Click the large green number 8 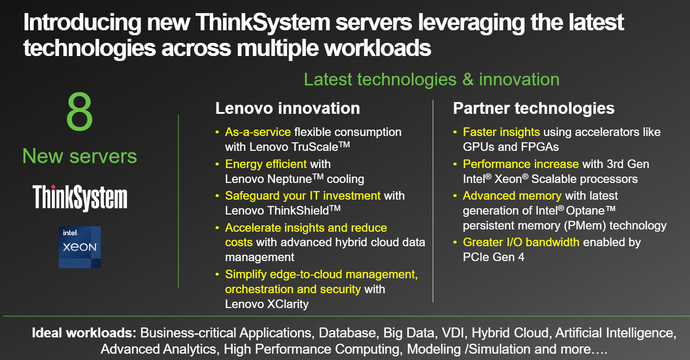tap(80, 112)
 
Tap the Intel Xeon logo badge tap(80, 247)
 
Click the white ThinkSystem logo tap(80, 198)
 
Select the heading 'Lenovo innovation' tap(287, 108)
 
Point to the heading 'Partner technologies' tap(534, 108)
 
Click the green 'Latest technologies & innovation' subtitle tap(432, 79)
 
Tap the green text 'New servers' tap(80, 156)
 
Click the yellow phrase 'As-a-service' tap(258, 132)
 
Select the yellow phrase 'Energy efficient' tap(266, 164)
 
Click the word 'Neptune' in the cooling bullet tap(290, 179)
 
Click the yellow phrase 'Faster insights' tap(501, 132)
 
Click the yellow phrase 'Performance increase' tap(521, 164)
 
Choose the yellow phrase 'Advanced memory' tap(512, 196)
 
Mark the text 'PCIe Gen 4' tap(493, 257)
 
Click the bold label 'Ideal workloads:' tap(84, 333)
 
